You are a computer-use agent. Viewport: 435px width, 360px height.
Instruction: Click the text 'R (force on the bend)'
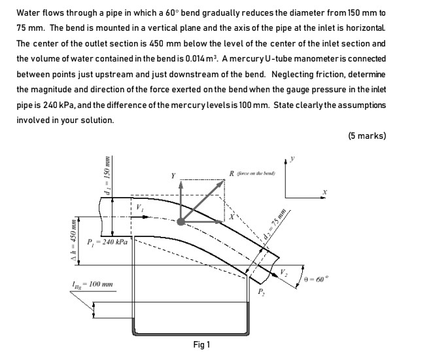tap(254, 173)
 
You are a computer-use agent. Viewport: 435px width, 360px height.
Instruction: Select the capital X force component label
tap(230, 217)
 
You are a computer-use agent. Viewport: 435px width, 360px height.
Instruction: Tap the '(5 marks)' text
tap(368, 136)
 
